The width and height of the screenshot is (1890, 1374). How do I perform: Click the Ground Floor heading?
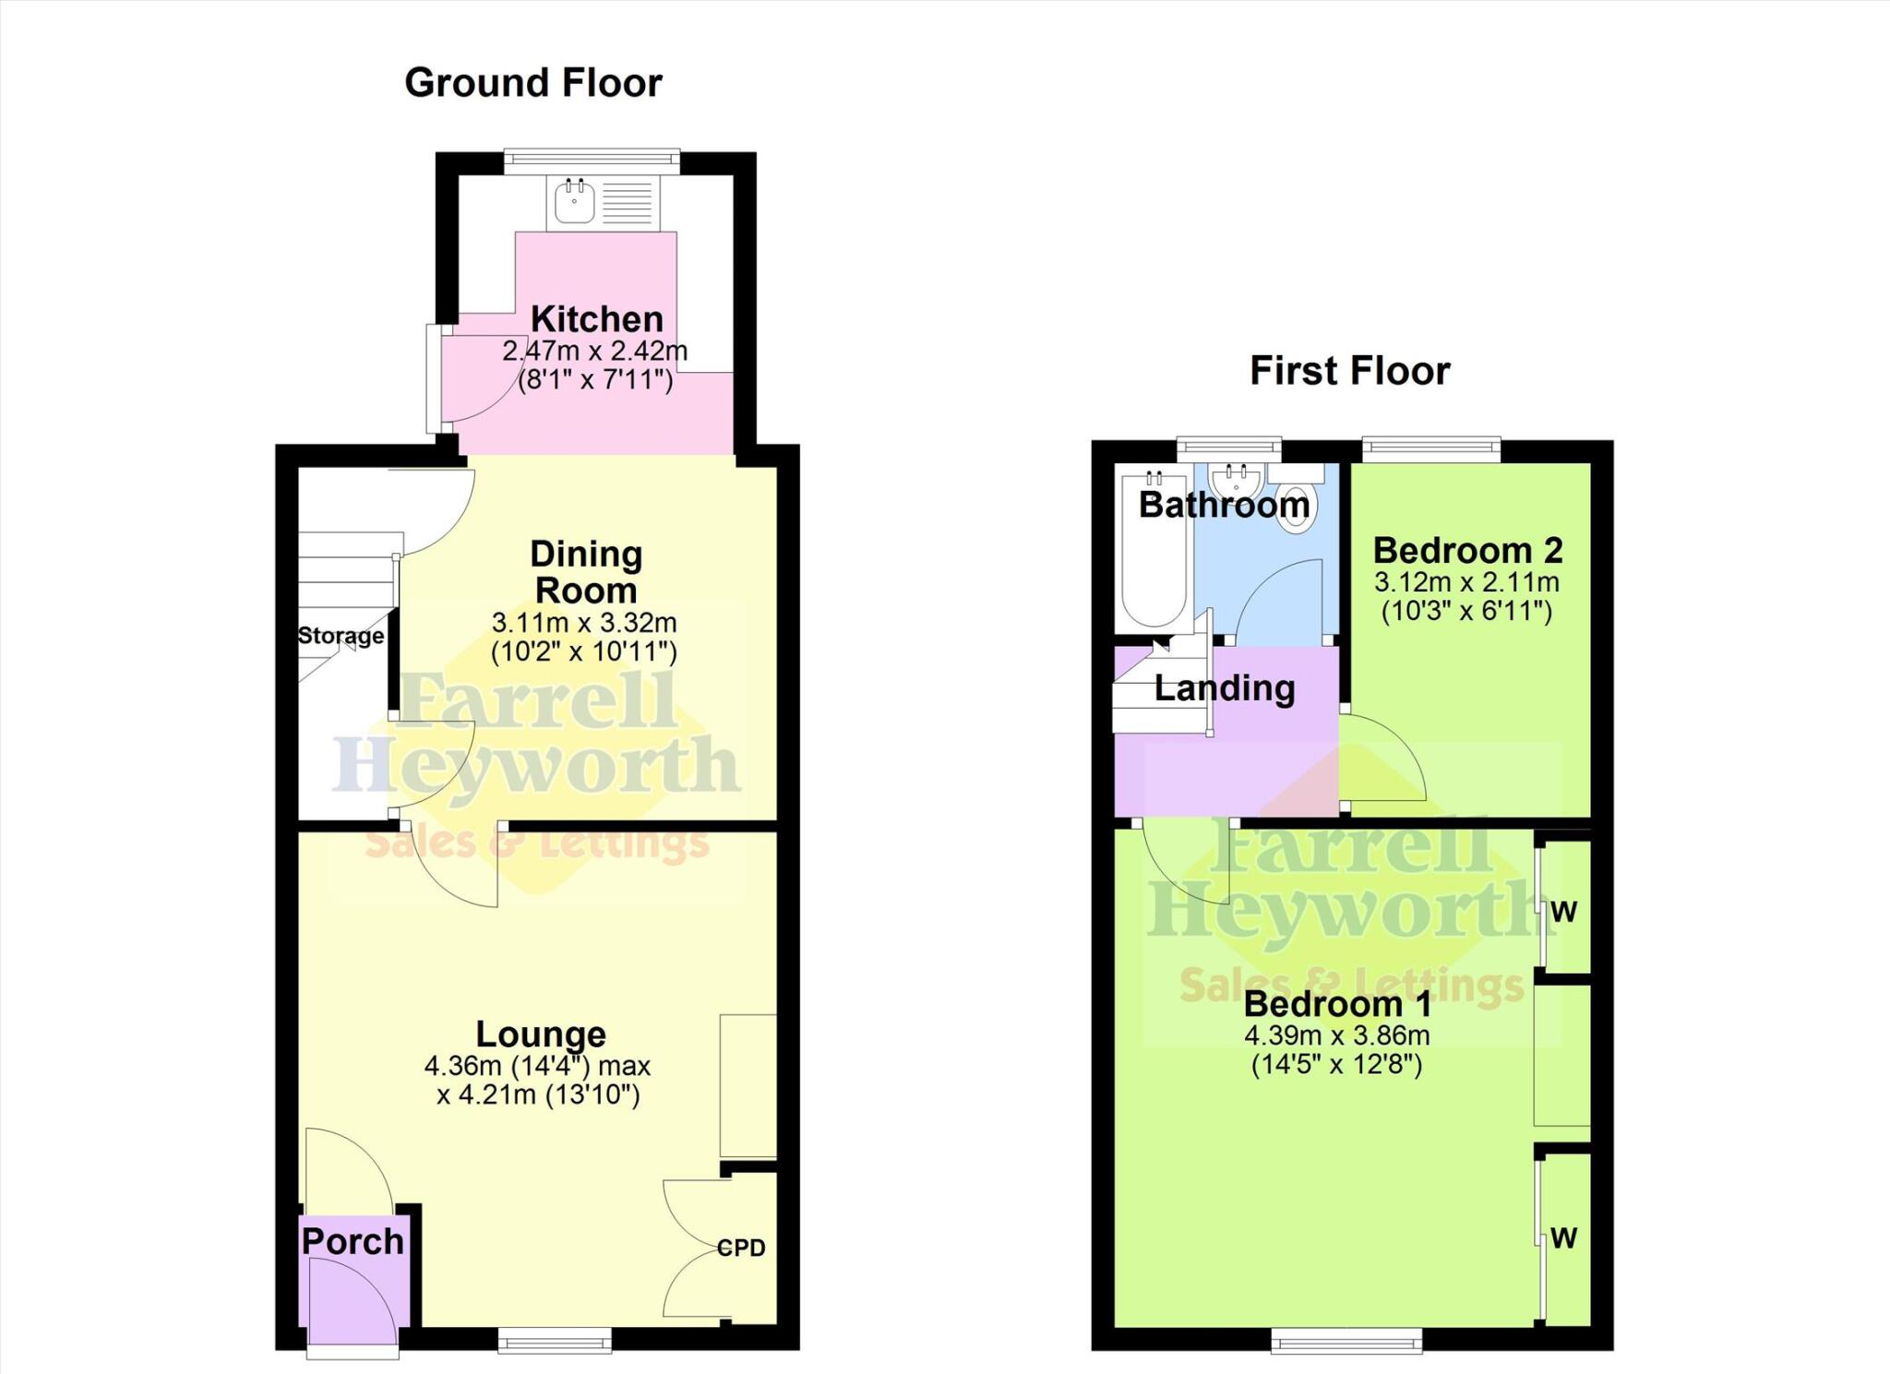[x=533, y=83]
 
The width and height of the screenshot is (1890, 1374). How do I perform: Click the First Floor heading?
[x=1349, y=371]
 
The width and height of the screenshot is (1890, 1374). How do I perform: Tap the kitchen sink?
[x=575, y=203]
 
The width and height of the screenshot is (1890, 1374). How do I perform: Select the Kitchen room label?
[x=596, y=319]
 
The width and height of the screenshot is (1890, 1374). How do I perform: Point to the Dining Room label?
[x=586, y=572]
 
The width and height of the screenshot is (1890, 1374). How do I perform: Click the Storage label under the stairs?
[x=341, y=636]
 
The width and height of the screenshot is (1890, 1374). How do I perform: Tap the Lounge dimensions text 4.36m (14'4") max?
[x=537, y=1066]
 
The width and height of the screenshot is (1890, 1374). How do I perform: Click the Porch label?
[x=353, y=1242]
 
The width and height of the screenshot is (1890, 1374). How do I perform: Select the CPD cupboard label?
[x=741, y=1248]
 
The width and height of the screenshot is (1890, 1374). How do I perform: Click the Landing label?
[x=1225, y=688]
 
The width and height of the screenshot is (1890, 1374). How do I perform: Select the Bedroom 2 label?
[x=1467, y=551]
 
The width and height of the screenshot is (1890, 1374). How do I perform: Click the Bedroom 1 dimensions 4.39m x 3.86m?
[x=1336, y=1034]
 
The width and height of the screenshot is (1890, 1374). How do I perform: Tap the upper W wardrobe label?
[x=1563, y=912]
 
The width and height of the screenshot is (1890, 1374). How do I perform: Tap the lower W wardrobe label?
[x=1563, y=1237]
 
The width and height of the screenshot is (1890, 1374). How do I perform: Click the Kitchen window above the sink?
[x=592, y=161]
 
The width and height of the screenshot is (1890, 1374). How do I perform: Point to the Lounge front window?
[x=555, y=1339]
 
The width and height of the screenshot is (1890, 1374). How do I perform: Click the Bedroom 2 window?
[x=1431, y=449]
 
